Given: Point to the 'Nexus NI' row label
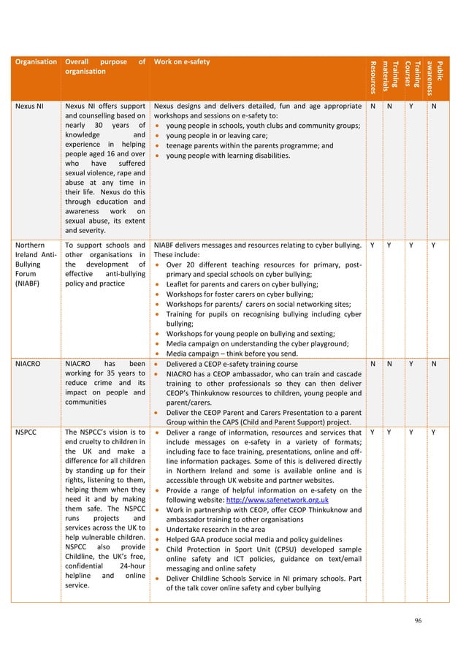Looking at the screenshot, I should (x=29, y=106).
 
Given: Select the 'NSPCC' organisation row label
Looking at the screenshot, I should (x=27, y=433).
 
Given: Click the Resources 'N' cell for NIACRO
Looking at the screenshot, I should (x=373, y=362).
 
